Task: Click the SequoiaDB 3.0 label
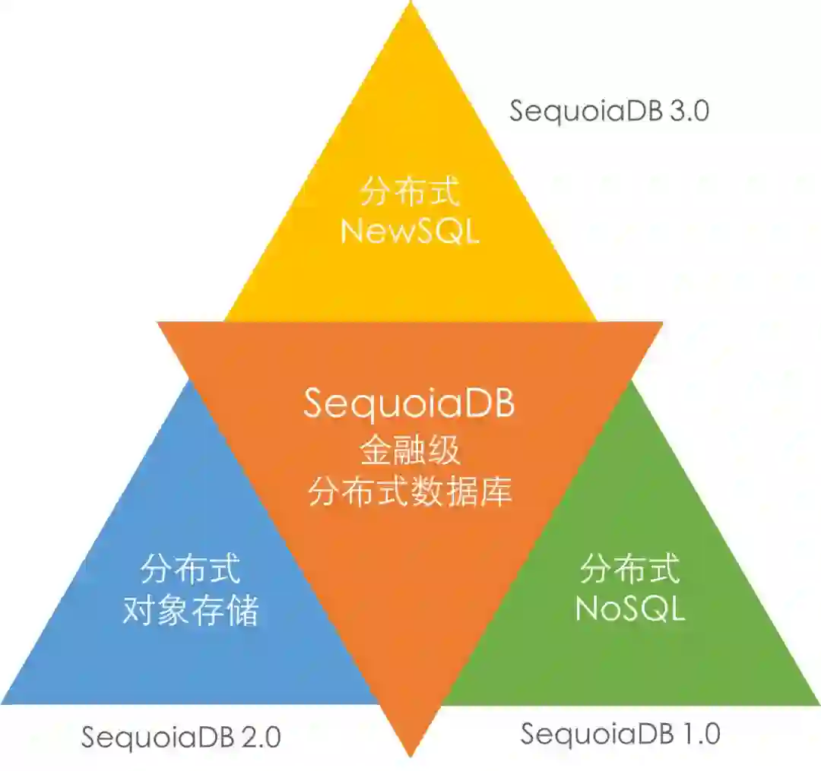[609, 111]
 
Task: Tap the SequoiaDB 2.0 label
[181, 737]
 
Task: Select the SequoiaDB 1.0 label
[620, 734]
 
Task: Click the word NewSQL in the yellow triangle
[410, 231]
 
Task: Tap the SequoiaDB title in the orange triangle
[410, 403]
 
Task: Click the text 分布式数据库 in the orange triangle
[410, 492]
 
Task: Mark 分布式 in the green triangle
[629, 568]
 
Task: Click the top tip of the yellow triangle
[410, 5]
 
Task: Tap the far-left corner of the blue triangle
[5, 702]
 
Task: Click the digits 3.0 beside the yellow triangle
[689, 111]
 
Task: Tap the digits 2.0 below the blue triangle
[261, 737]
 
